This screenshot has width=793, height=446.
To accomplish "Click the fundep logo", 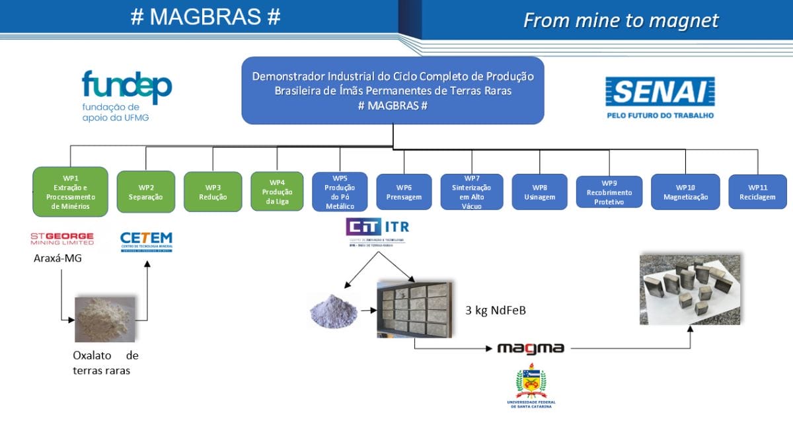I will click(x=126, y=96).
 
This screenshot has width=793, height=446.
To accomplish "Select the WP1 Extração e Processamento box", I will click(x=70, y=192).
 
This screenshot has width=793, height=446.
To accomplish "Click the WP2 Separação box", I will click(x=146, y=192).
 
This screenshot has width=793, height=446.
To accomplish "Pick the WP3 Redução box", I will click(x=213, y=192).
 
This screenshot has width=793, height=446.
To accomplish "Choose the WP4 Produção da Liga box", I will click(x=277, y=192).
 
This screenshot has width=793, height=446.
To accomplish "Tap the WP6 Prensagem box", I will click(x=404, y=192).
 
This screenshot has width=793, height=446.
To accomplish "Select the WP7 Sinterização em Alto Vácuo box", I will click(x=472, y=192).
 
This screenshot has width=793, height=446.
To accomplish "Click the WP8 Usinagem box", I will click(x=539, y=192).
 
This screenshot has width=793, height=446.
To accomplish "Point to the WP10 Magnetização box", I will click(x=685, y=192).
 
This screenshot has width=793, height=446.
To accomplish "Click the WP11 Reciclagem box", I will click(x=757, y=192).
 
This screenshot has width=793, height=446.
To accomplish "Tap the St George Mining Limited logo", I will click(x=62, y=239).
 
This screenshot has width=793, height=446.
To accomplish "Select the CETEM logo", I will click(x=146, y=241).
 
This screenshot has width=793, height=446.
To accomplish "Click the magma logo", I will click(x=531, y=348).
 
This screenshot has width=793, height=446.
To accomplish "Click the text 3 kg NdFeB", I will click(x=496, y=310).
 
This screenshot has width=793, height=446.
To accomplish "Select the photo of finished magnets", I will click(x=690, y=289).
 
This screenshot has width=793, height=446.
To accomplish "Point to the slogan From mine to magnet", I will click(x=621, y=20).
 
